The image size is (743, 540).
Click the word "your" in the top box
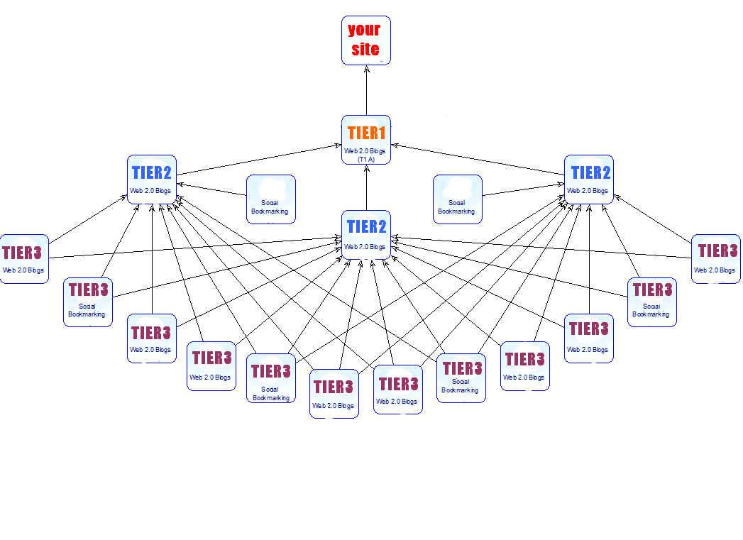click(x=364, y=30)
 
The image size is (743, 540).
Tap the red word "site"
click(x=365, y=50)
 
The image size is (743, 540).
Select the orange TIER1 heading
click(x=366, y=133)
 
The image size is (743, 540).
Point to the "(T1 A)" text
click(x=366, y=159)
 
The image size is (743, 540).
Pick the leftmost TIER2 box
click(x=152, y=180)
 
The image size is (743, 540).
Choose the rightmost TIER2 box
click(x=589, y=180)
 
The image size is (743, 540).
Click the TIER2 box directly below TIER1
click(x=366, y=234)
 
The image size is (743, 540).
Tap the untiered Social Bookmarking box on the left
click(x=270, y=199)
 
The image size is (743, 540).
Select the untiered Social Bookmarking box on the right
click(x=457, y=199)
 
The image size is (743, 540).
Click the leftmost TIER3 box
click(x=24, y=259)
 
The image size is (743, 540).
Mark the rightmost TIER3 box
click(x=715, y=259)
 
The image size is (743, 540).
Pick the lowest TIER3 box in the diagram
click(x=334, y=394)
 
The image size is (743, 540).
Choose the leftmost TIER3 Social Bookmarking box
click(x=88, y=302)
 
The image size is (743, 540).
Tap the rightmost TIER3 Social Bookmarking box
click(x=651, y=302)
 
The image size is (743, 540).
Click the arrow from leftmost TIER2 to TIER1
click(x=255, y=160)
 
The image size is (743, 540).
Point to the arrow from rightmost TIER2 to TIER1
click(x=478, y=160)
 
